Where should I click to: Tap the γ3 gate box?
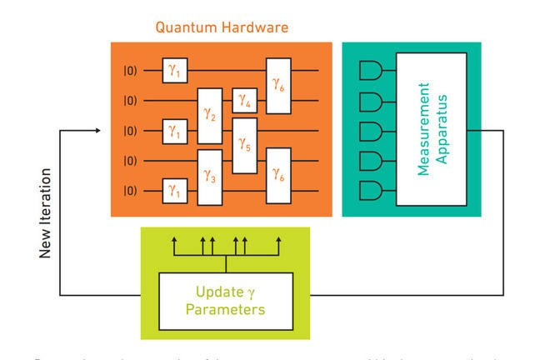[x=209, y=177]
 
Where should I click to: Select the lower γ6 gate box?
[x=278, y=177]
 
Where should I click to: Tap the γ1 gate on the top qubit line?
[x=175, y=72]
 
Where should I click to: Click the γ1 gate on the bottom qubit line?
[x=175, y=192]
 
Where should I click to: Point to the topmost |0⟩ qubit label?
[x=129, y=72]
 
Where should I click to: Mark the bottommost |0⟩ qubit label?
[x=129, y=192]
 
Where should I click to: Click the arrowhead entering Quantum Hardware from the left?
[x=101, y=131]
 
